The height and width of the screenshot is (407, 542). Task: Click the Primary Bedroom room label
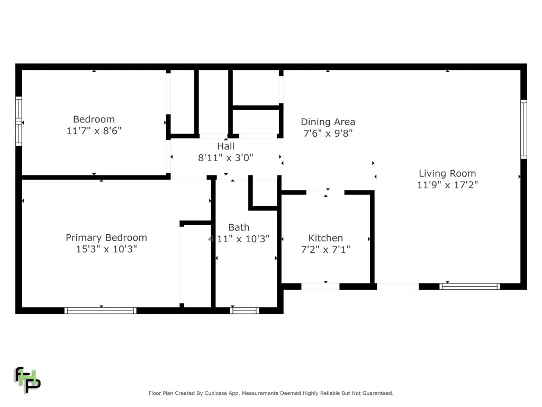click(106, 237)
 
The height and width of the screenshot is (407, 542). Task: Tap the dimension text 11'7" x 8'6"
click(94, 130)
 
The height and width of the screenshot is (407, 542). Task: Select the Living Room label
click(447, 173)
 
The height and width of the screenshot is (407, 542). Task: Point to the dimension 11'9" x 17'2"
click(447, 185)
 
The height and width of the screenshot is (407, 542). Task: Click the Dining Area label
click(328, 122)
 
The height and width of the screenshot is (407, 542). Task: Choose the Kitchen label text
click(326, 238)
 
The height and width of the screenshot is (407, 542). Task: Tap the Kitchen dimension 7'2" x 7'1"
click(326, 249)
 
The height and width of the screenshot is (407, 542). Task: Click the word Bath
click(239, 227)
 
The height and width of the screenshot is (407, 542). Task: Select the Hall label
click(225, 146)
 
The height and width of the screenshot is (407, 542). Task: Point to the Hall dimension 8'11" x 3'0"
click(225, 157)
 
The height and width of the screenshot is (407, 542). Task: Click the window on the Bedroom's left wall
click(19, 121)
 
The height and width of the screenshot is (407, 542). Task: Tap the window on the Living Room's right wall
click(523, 129)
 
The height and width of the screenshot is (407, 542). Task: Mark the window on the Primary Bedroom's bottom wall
click(101, 311)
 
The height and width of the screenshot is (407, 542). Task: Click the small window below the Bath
click(245, 311)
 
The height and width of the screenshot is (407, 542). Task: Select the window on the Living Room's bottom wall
click(469, 286)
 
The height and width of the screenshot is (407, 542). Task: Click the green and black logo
click(27, 379)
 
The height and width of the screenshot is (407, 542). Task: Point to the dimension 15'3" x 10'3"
click(106, 249)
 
